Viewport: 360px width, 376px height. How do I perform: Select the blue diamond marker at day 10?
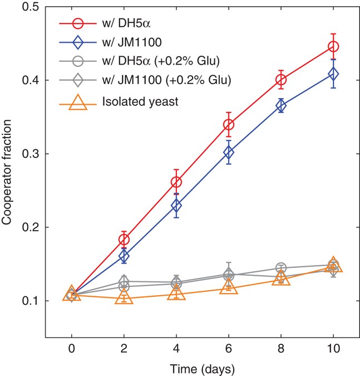click(333, 74)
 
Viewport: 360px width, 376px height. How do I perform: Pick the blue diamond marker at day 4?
click(176, 206)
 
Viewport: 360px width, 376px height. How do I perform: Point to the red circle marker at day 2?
click(124, 240)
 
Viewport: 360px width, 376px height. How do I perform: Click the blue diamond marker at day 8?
click(281, 106)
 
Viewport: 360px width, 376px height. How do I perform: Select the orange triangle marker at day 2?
click(124, 297)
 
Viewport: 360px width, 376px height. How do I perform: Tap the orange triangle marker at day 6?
click(229, 287)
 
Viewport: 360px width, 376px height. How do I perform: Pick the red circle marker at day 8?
click(281, 80)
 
